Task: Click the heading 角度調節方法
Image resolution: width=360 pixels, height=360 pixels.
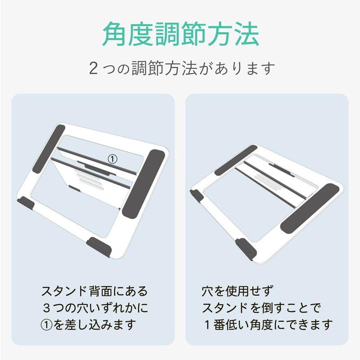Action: [180, 33]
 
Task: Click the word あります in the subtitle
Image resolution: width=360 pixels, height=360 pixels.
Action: [249, 69]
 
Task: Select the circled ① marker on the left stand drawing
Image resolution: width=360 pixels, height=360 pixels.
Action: [112, 158]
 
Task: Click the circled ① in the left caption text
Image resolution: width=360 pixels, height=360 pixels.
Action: [47, 324]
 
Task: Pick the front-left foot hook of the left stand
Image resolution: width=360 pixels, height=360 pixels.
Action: [26, 203]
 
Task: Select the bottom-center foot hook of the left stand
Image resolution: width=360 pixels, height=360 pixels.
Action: [99, 246]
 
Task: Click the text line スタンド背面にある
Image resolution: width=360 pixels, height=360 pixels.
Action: [94, 291]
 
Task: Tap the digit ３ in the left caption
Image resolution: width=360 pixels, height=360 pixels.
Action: [47, 308]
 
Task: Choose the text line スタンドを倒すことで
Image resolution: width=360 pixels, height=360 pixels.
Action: [261, 308]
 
